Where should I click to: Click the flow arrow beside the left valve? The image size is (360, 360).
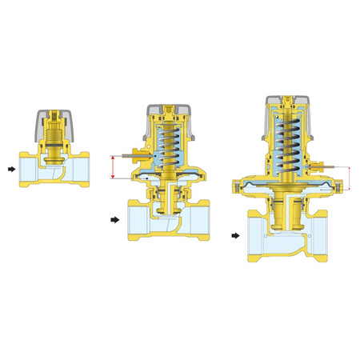(x=10, y=169)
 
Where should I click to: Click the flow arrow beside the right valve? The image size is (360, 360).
(x=236, y=236)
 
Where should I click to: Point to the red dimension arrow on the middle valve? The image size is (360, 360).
(x=114, y=167)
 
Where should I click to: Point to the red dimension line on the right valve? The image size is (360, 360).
(x=350, y=178)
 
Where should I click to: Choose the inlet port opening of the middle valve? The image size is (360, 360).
(x=135, y=221)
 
